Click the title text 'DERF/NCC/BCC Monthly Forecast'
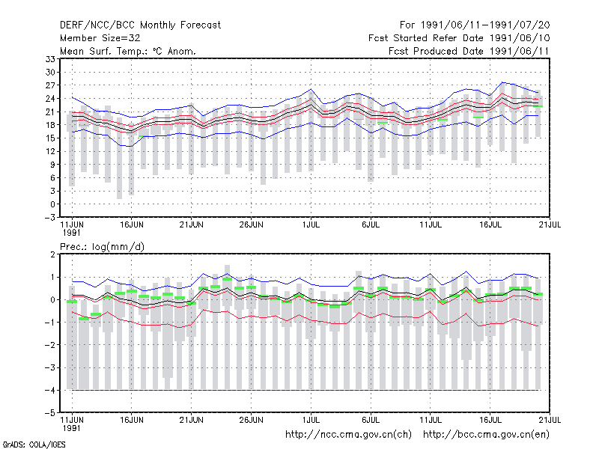pyautogui.click(x=140, y=25)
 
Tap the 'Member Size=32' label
pyautogui.click(x=100, y=38)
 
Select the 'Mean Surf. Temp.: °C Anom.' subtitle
pyautogui.click(x=128, y=51)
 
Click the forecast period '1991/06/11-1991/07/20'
pyautogui.click(x=485, y=25)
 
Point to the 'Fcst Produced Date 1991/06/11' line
pyautogui.click(x=469, y=51)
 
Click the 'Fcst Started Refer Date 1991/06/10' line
pyautogui.click(x=459, y=38)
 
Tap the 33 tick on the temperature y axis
pyautogui.click(x=50, y=59)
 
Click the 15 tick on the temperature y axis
pyautogui.click(x=50, y=138)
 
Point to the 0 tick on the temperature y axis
pyautogui.click(x=52, y=204)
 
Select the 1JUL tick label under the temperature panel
pyautogui.click(x=311, y=224)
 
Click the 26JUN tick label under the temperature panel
pyautogui.click(x=251, y=224)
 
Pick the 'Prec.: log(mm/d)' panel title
pyautogui.click(x=102, y=247)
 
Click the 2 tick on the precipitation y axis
pyautogui.click(x=52, y=254)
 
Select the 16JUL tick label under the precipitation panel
pyautogui.click(x=490, y=420)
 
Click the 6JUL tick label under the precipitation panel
pyautogui.click(x=371, y=420)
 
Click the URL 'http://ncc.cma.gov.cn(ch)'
pyautogui.click(x=348, y=435)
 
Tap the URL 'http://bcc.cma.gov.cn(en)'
pyautogui.click(x=486, y=435)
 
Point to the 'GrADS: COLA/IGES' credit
pyautogui.click(x=34, y=445)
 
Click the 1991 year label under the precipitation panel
pyautogui.click(x=71, y=428)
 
